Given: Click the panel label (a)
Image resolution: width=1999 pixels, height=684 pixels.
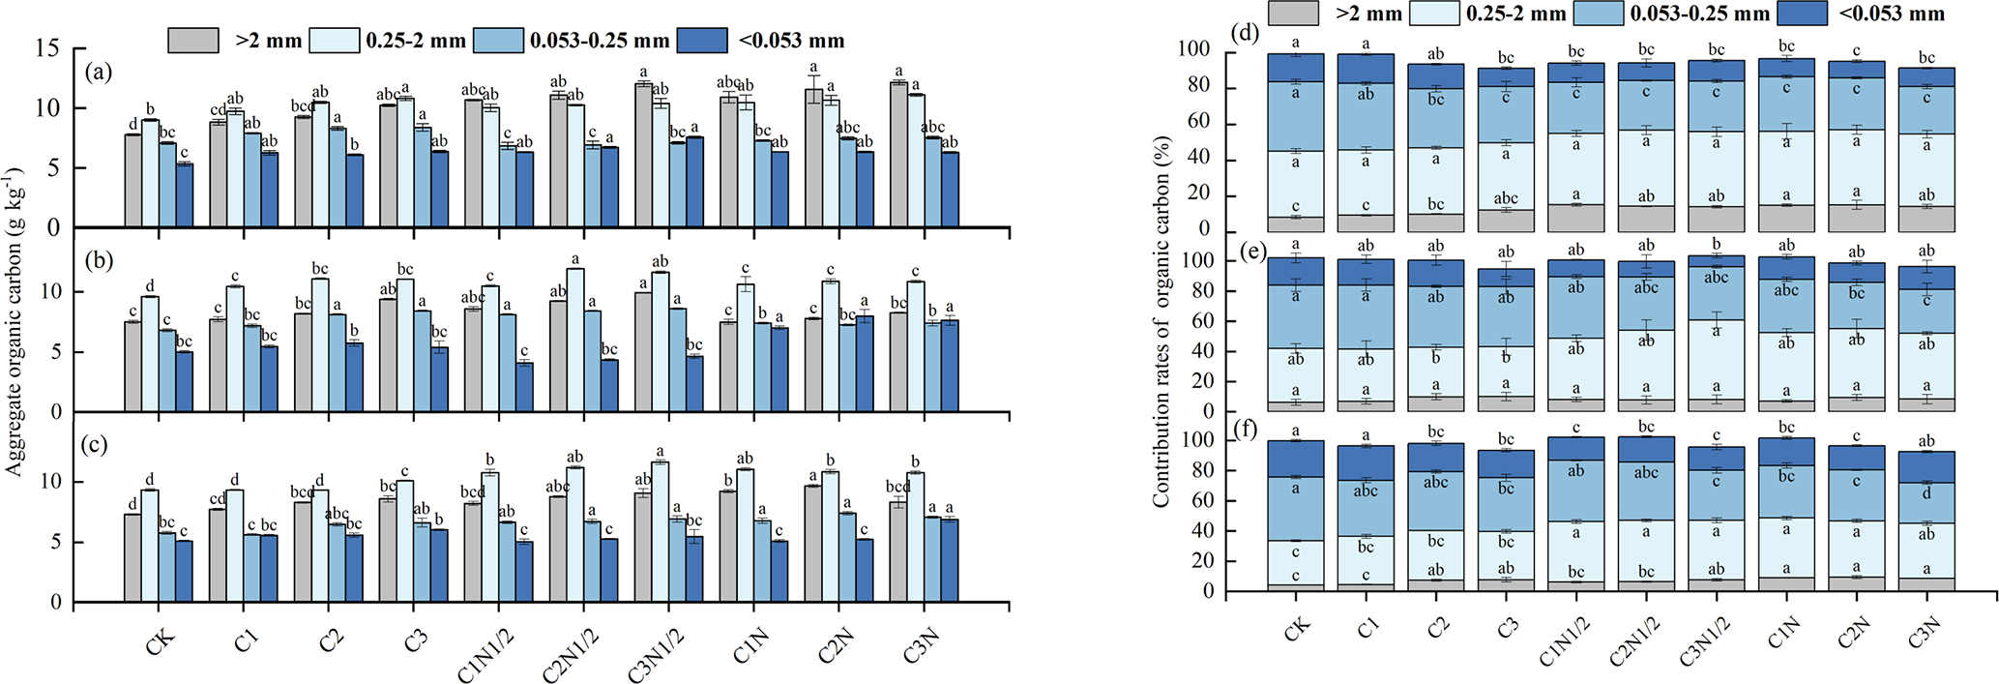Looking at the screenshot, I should point(99,72).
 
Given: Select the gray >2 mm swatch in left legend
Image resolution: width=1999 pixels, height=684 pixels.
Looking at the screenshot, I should point(192,41).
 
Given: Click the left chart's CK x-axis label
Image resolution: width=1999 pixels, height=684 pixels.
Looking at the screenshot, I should point(162,640).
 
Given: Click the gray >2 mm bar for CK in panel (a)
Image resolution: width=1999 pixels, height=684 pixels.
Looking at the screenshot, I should point(132,181).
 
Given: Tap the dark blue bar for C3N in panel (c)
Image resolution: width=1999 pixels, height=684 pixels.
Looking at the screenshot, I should point(950,560).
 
